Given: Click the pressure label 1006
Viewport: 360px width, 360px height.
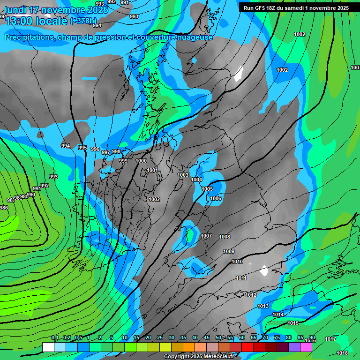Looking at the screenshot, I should [x=216, y=198].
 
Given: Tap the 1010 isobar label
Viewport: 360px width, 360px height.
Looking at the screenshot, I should [x=237, y=262].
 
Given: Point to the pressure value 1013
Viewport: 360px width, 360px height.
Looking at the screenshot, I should [x=263, y=306].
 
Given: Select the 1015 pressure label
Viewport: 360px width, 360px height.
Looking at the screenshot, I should [x=293, y=323].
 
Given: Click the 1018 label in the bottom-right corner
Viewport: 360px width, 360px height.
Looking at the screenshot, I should [x=342, y=353].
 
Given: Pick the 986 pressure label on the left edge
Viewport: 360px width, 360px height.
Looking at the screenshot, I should [x=4, y=208].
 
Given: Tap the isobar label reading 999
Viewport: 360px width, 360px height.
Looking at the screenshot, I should [x=123, y=161].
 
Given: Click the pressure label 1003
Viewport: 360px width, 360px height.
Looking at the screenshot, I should [x=183, y=175].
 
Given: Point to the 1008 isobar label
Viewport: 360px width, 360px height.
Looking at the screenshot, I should [x=225, y=237].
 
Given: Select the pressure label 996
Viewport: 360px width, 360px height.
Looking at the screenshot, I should [x=95, y=149].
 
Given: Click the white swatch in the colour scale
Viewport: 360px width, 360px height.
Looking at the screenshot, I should [x=48, y=347].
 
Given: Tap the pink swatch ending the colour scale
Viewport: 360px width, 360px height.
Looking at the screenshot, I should [x=306, y=347].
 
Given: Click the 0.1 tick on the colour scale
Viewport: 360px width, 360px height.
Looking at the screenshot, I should [x=54, y=338].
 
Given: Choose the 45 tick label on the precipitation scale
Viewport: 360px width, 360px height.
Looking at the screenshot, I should [x=207, y=338].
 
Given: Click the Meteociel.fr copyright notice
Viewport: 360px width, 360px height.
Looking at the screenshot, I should [x=199, y=357].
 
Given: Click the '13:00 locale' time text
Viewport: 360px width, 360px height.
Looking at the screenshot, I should [x=35, y=21].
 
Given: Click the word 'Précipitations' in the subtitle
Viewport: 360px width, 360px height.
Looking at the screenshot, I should [x=29, y=37].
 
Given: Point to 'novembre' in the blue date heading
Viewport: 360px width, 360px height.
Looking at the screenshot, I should [x=66, y=10].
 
